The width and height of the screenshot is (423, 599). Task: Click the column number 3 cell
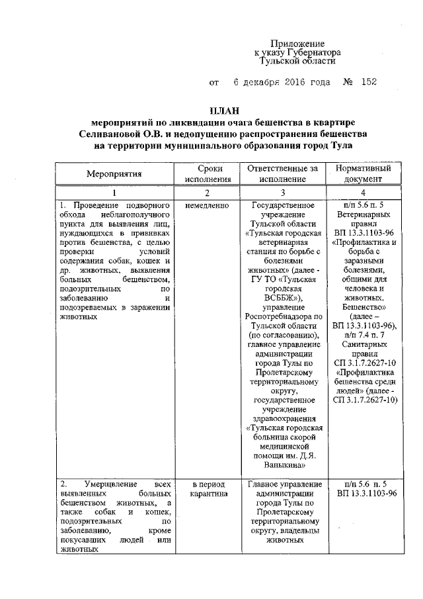(282, 193)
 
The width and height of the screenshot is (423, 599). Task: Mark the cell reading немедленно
(207, 206)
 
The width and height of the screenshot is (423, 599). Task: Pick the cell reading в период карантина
(207, 489)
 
